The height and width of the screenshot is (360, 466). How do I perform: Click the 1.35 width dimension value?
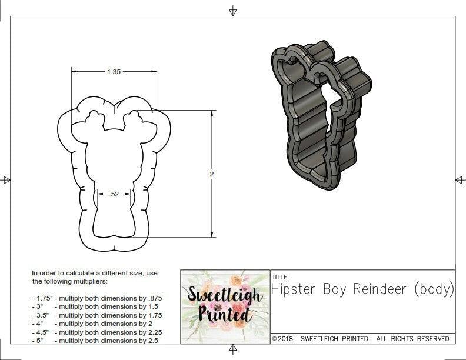coord(114,72)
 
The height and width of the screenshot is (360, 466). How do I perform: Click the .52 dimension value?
coord(114,194)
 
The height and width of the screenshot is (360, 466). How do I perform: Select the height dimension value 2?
coord(212,174)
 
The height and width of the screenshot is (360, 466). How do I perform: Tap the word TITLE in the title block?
coord(279,276)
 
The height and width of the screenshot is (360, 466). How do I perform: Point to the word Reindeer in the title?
coord(380,289)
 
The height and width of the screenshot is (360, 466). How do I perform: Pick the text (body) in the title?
coord(434,289)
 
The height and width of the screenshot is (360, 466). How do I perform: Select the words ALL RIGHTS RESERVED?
coord(413,339)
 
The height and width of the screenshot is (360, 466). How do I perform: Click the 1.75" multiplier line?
coord(96,298)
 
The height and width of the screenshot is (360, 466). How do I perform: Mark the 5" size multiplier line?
coord(94,341)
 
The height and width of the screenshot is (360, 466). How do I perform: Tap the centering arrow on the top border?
coord(233,11)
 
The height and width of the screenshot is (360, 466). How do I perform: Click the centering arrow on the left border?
coord(6,180)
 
